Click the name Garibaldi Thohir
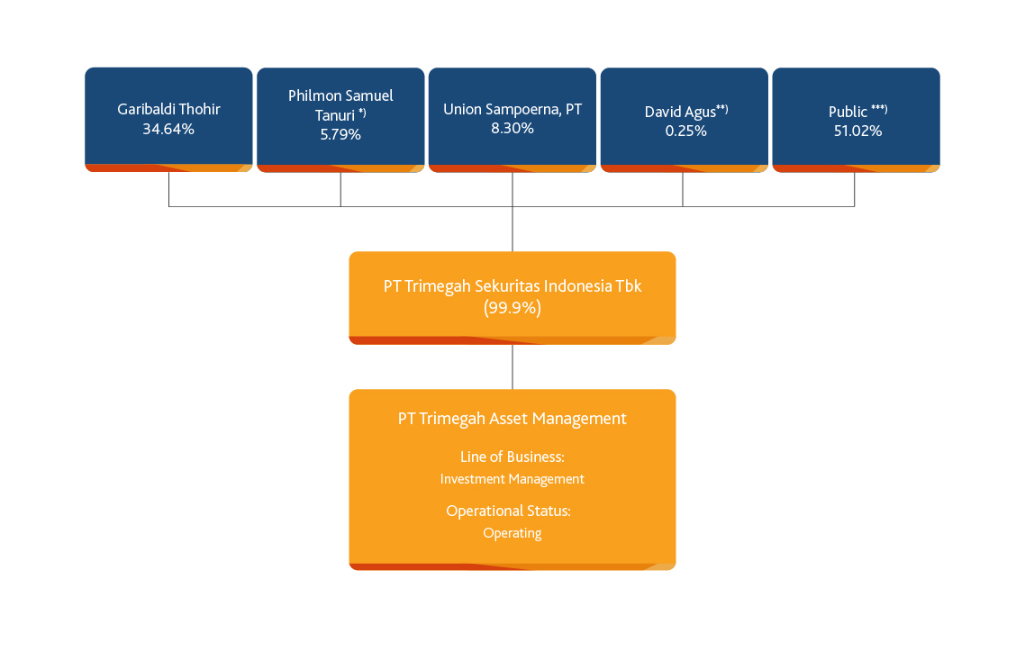click(168, 109)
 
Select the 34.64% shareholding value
click(168, 130)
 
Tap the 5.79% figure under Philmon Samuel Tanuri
click(340, 135)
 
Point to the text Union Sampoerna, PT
click(512, 109)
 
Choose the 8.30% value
click(512, 128)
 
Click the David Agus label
click(680, 112)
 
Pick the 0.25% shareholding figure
click(685, 131)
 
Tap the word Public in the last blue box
click(848, 112)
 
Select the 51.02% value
click(857, 131)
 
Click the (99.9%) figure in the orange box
click(512, 307)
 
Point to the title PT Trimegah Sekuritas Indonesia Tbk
click(512, 286)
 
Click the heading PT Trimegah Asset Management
click(512, 419)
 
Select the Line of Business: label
click(512, 457)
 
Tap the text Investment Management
click(512, 479)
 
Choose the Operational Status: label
click(509, 511)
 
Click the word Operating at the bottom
click(512, 533)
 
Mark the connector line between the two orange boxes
click(512, 367)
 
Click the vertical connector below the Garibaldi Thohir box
click(168, 189)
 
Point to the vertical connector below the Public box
click(855, 189)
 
